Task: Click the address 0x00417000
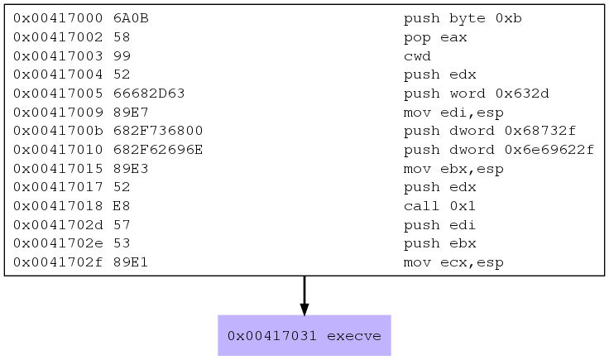pyautogui.click(x=58, y=18)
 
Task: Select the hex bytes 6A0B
pyautogui.click(x=131, y=18)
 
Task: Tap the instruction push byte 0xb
pyautogui.click(x=463, y=19)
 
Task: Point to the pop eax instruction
pyautogui.click(x=435, y=38)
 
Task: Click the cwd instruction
pyautogui.click(x=417, y=56)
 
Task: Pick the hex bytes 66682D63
pyautogui.click(x=149, y=94)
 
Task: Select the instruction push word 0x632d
pyautogui.click(x=476, y=94)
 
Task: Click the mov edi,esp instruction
pyautogui.click(x=453, y=113)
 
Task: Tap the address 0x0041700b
pyautogui.click(x=58, y=131)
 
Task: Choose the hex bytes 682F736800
pyautogui.click(x=158, y=131)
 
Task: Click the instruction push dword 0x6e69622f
pyautogui.click(x=499, y=150)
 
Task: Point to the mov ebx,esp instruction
pyautogui.click(x=453, y=170)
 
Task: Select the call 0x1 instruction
pyautogui.click(x=439, y=206)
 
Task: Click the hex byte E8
pyautogui.click(x=122, y=206)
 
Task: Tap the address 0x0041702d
pyautogui.click(x=58, y=225)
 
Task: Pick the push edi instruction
pyautogui.click(x=439, y=225)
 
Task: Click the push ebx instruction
pyautogui.click(x=439, y=244)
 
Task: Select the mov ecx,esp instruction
pyautogui.click(x=453, y=263)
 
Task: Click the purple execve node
pyautogui.click(x=304, y=335)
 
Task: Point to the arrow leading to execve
pyautogui.click(x=304, y=295)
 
